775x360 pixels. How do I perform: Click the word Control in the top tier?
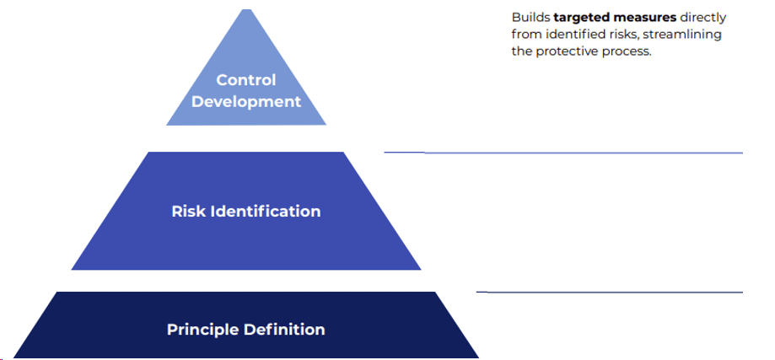pos(246,80)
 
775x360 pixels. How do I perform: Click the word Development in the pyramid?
pos(246,101)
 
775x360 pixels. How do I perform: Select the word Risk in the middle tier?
pos(187,211)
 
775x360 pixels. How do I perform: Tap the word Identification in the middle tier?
pos(262,211)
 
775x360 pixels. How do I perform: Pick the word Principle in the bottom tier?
pos(201,329)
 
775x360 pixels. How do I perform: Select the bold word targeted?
pos(582,18)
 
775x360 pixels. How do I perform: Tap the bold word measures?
pos(647,18)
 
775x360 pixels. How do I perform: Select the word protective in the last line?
pos(570,51)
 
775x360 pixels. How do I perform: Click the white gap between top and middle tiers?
pos(246,138)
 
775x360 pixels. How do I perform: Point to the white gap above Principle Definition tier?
pos(246,281)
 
